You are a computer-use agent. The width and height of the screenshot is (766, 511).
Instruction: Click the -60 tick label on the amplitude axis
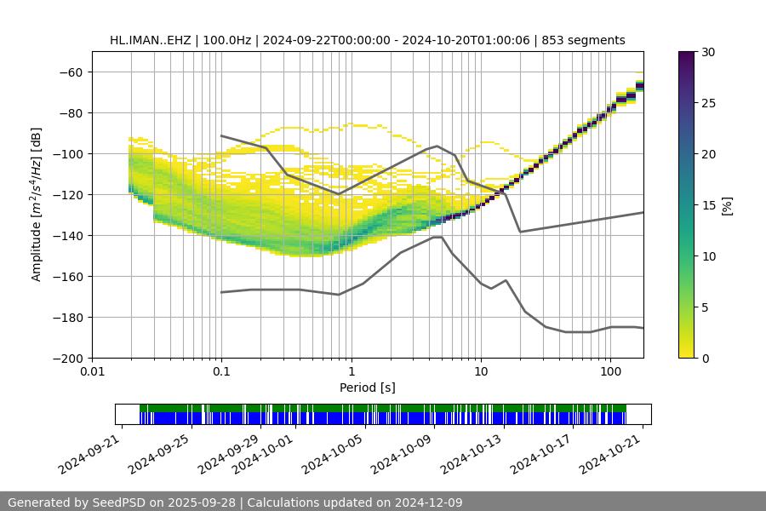coord(71,72)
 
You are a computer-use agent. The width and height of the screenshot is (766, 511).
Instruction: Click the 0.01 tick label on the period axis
coord(92,372)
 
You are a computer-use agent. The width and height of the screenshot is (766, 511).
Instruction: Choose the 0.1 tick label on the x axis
coord(221,372)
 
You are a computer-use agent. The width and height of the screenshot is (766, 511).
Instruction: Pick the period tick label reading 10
coord(481,372)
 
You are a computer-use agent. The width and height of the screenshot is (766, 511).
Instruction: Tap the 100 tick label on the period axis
coord(610,372)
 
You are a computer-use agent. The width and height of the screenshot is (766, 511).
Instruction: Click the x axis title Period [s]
coord(368,388)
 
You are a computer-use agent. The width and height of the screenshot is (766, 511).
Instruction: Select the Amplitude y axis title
coord(37,204)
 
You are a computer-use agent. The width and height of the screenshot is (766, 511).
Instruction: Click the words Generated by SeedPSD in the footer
coord(77,502)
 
